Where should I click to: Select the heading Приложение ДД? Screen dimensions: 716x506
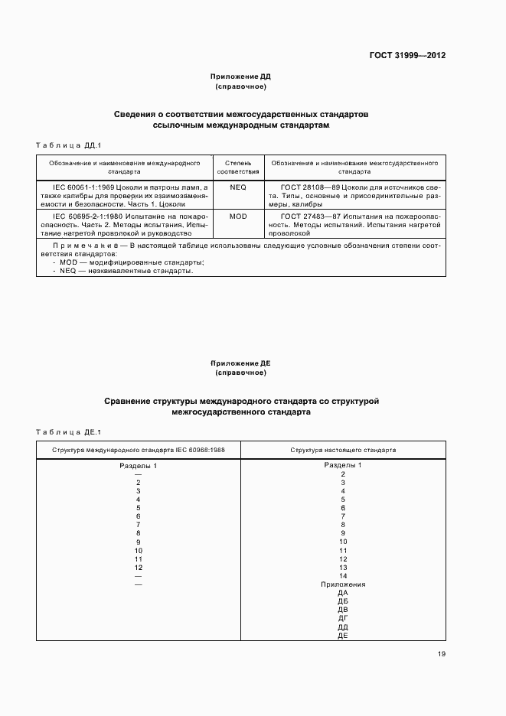pyautogui.click(x=240, y=77)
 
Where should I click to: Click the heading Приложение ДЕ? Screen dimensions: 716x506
pyautogui.click(x=240, y=363)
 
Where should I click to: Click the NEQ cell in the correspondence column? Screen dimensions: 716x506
pyautogui.click(x=237, y=187)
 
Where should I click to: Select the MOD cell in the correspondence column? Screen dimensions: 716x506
pyautogui.click(x=237, y=216)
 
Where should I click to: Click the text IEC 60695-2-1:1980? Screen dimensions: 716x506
pyautogui.click(x=84, y=216)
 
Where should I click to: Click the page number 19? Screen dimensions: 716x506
pyautogui.click(x=442, y=654)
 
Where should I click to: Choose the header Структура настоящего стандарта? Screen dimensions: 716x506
pyautogui.click(x=342, y=450)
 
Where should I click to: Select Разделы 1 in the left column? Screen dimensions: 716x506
pyautogui.click(x=138, y=465)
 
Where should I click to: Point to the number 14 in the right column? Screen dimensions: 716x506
pyautogui.click(x=343, y=575)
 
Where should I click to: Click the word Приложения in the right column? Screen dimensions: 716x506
pyautogui.click(x=343, y=584)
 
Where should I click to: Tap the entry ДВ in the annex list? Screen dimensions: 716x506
pyautogui.click(x=343, y=610)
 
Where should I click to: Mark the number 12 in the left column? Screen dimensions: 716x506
pyautogui.click(x=138, y=567)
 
